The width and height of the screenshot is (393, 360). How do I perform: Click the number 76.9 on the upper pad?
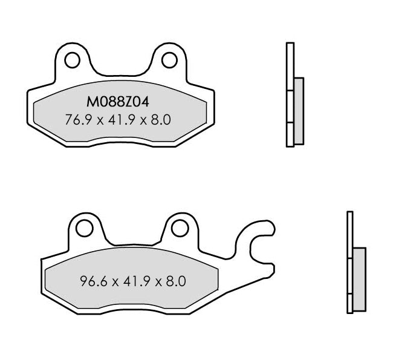click(x=76, y=120)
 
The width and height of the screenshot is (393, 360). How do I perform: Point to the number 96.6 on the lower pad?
click(x=90, y=281)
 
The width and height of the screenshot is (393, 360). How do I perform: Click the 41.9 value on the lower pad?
click(x=134, y=281)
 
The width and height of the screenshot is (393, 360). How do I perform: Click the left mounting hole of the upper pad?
click(x=71, y=61)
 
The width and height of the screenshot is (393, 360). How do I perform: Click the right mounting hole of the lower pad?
click(x=179, y=227)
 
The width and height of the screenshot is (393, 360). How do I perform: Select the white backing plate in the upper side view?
click(x=290, y=94)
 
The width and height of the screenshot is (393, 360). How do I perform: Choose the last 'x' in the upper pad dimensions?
click(x=145, y=120)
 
